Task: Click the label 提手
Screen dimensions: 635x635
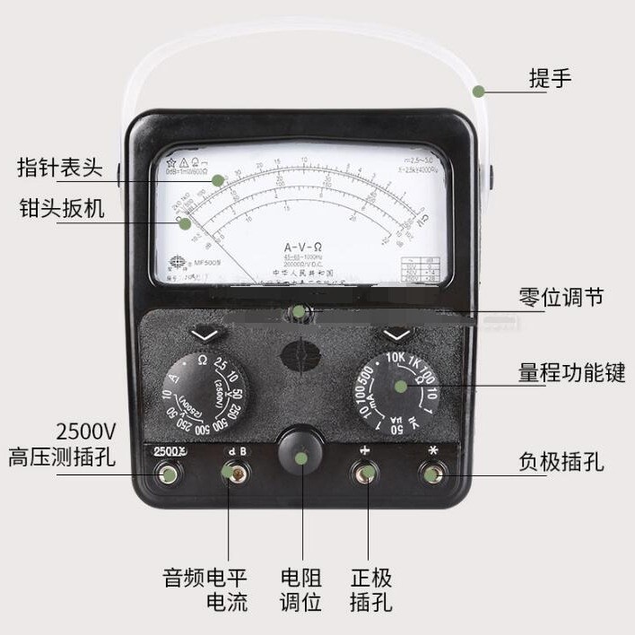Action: pos(550,79)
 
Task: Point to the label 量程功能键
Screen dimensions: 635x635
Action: pos(570,372)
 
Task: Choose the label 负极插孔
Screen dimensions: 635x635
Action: pos(561,462)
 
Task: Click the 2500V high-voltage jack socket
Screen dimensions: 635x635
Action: pos(167,474)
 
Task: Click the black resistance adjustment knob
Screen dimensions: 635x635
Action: pos(300,456)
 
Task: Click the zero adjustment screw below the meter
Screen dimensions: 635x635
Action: pos(300,314)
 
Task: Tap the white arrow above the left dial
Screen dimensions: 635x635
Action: pos(205,335)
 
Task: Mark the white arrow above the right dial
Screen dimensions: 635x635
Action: pos(396,335)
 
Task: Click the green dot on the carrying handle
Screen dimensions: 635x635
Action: pos(479,91)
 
